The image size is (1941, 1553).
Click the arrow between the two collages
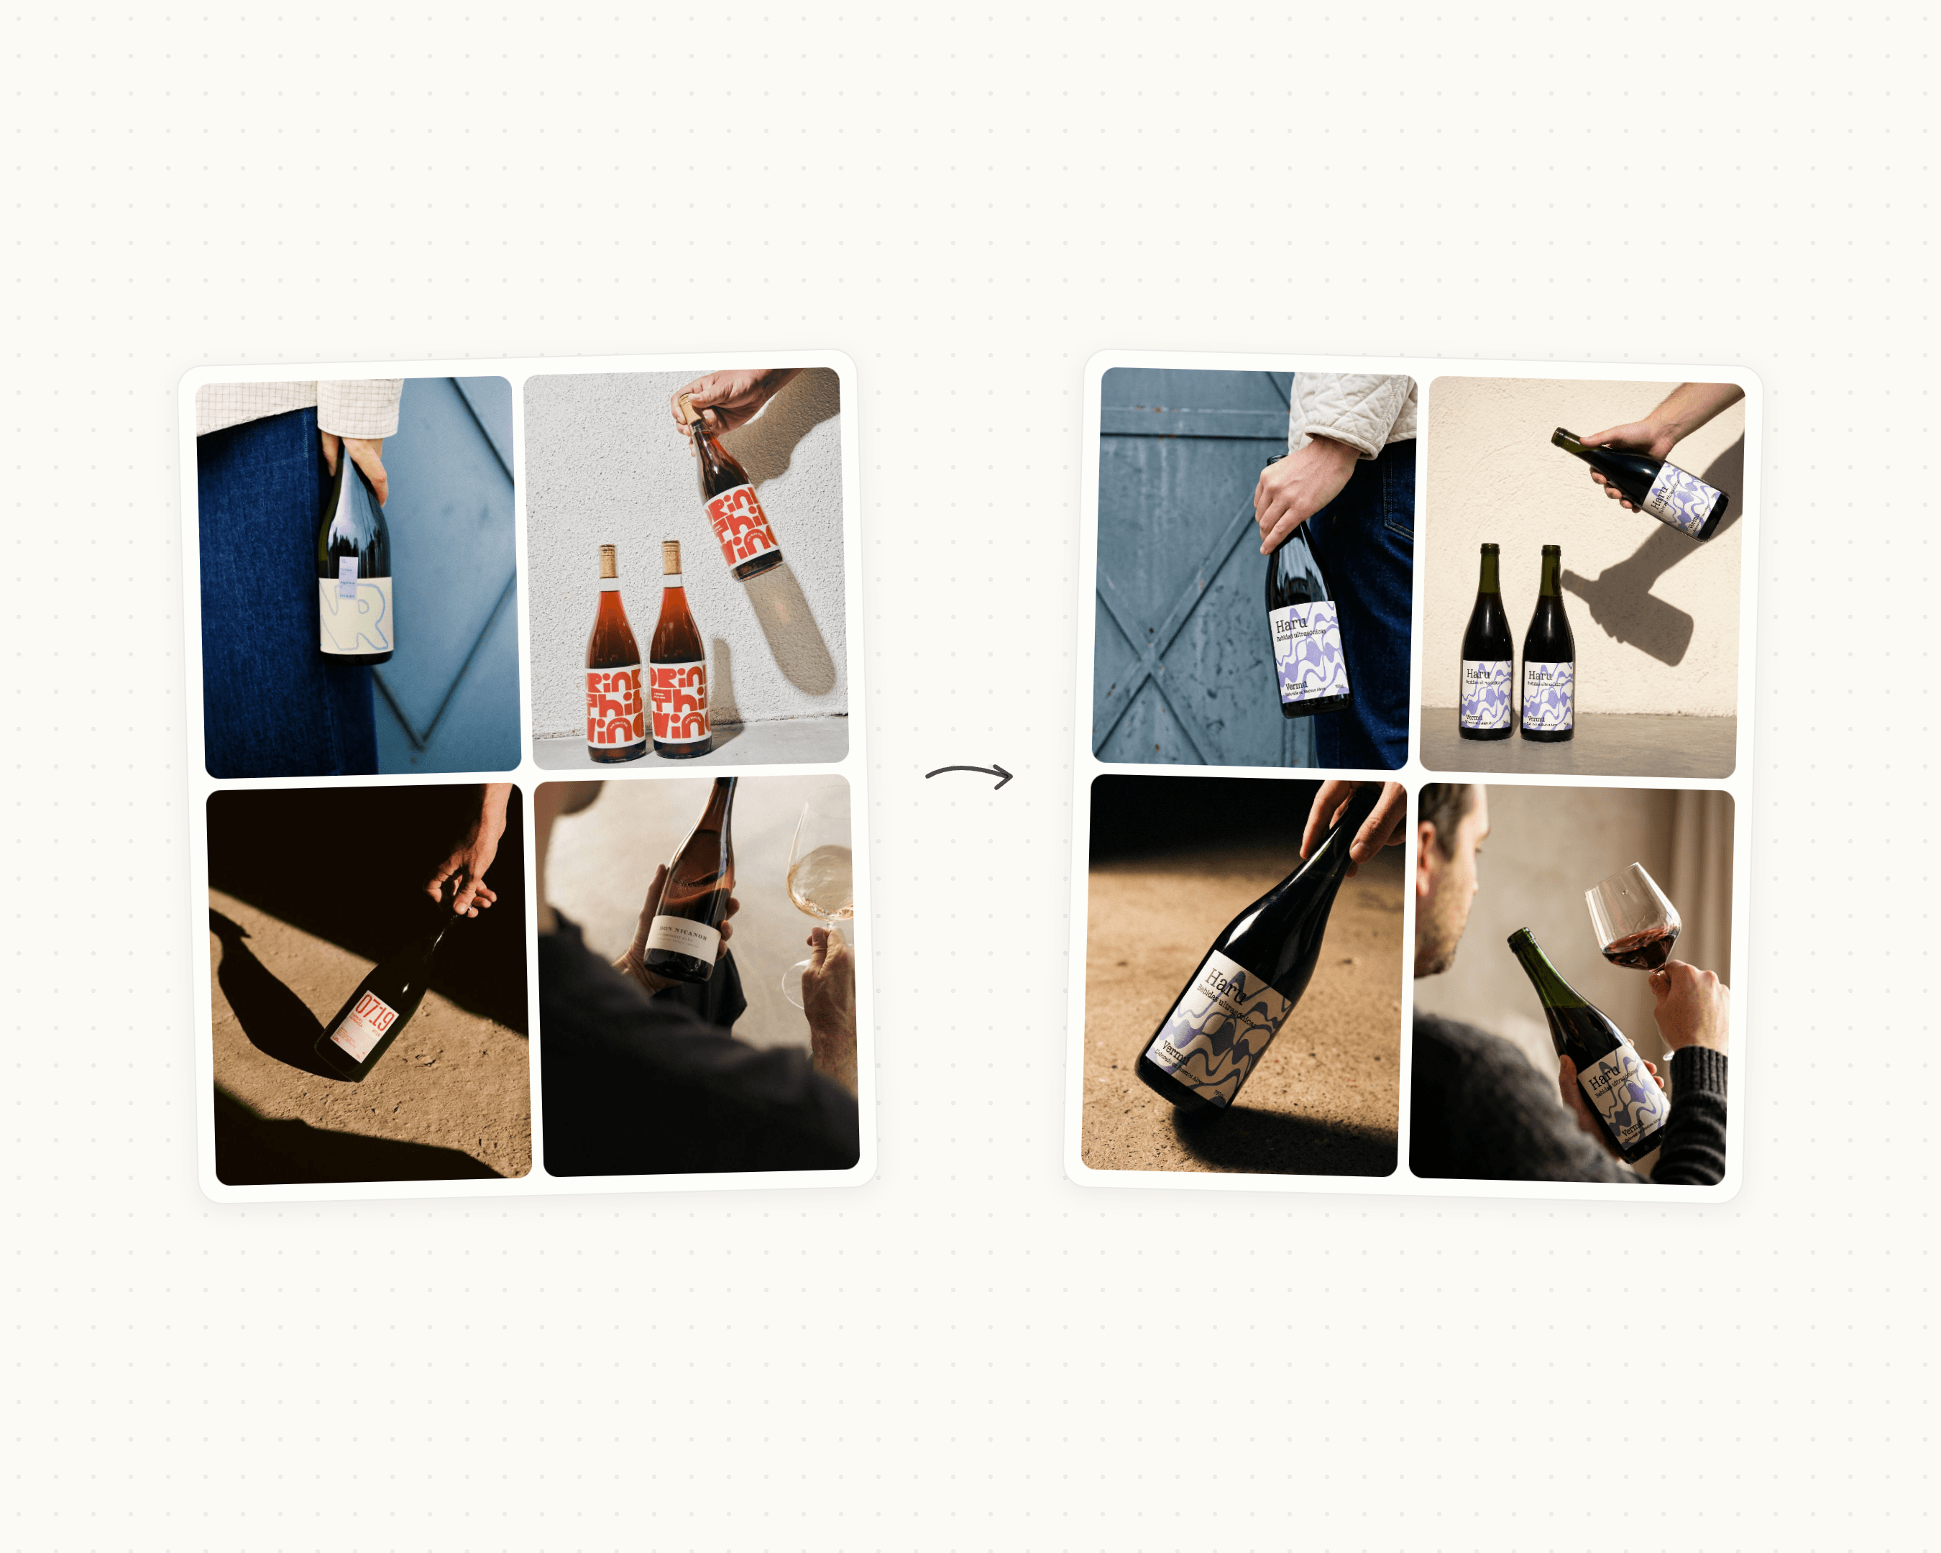[970, 774]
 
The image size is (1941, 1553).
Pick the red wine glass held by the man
[1634, 922]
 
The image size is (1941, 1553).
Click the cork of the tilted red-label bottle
[689, 408]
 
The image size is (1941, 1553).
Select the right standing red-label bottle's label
[680, 703]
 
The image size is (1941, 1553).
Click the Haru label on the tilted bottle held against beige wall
[1685, 498]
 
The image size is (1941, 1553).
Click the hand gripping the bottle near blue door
[1296, 490]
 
